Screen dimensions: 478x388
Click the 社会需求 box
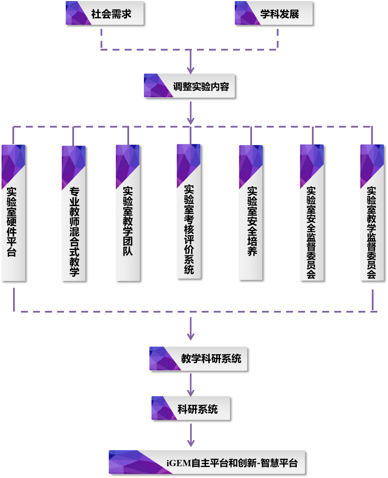tap(105, 13)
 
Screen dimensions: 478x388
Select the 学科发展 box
tap(274, 13)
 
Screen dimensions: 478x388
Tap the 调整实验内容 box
tap(189, 86)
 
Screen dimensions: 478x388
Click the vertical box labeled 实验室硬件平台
tap(13, 213)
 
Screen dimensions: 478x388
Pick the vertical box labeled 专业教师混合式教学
tap(74, 213)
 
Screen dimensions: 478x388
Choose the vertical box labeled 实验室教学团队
tap(128, 213)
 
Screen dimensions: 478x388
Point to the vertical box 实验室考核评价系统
tap(189, 211)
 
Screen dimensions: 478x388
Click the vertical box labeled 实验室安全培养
tap(251, 212)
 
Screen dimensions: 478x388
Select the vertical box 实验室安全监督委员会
tap(312, 213)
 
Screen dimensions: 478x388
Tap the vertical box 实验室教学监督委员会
tap(372, 213)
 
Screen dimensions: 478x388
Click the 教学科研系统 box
tap(198, 359)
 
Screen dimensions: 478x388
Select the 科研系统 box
tap(191, 408)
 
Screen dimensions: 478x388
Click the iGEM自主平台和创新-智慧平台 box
tap(207, 462)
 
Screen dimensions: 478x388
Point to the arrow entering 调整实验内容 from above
tap(191, 62)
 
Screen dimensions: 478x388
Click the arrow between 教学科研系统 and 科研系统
tap(191, 384)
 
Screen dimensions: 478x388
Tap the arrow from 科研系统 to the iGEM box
tap(191, 435)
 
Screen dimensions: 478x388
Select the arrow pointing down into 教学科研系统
tap(191, 329)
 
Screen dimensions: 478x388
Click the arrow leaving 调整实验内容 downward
tap(191, 113)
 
